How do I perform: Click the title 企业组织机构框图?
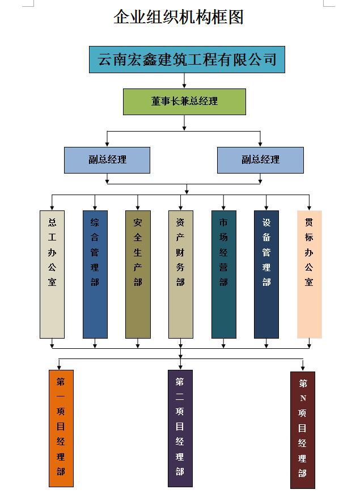(179, 18)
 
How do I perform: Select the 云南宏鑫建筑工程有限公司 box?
(187, 59)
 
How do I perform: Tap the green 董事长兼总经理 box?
(184, 102)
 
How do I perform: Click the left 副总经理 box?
(107, 160)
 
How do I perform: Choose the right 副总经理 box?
(260, 160)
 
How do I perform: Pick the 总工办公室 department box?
(52, 274)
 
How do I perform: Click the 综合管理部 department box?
(95, 274)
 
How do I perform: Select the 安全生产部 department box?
(138, 274)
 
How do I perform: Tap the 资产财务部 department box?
(180, 274)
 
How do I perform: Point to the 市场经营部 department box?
(223, 274)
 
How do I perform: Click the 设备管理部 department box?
(266, 274)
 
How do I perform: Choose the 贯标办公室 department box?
(309, 274)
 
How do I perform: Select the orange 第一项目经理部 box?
(61, 428)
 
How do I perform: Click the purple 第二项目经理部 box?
(180, 428)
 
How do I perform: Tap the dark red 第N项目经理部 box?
(302, 429)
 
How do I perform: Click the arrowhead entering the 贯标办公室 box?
(309, 207)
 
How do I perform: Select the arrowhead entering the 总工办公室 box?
(52, 207)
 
